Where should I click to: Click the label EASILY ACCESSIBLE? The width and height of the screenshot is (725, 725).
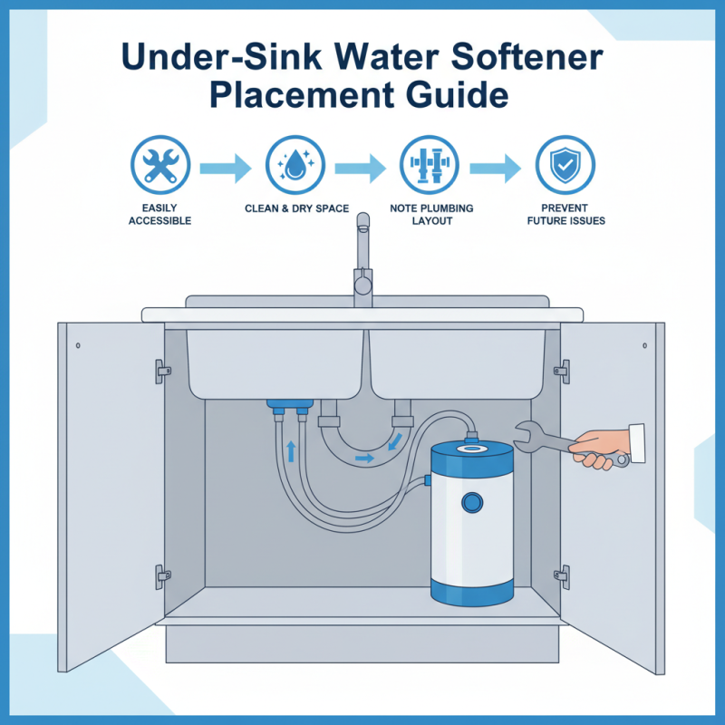coord(159,215)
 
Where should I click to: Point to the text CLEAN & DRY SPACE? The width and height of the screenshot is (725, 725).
coord(296,209)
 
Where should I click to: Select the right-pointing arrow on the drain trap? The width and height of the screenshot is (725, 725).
coord(363,459)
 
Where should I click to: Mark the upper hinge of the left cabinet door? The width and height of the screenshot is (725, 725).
coord(162,369)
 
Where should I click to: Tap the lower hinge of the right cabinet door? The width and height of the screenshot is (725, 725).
coord(562,574)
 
